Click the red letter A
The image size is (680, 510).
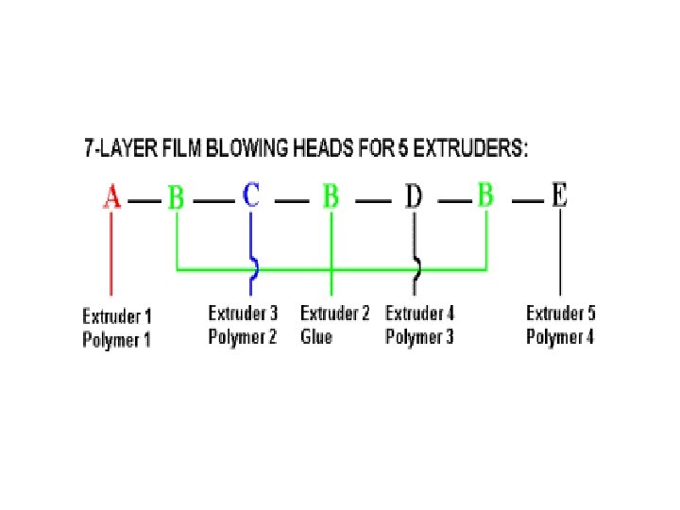[112, 198]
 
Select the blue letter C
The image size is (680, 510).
[251, 196]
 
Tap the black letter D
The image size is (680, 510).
[414, 197]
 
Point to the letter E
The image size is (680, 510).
[560, 196]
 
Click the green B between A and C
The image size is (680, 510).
[177, 198]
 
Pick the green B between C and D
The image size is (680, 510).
[331, 197]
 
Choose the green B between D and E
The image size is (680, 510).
[485, 196]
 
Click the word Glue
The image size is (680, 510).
[316, 337]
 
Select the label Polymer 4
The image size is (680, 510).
[560, 336]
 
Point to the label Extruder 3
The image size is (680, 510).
[244, 314]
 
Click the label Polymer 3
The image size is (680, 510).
[419, 336]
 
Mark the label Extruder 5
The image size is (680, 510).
[561, 314]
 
